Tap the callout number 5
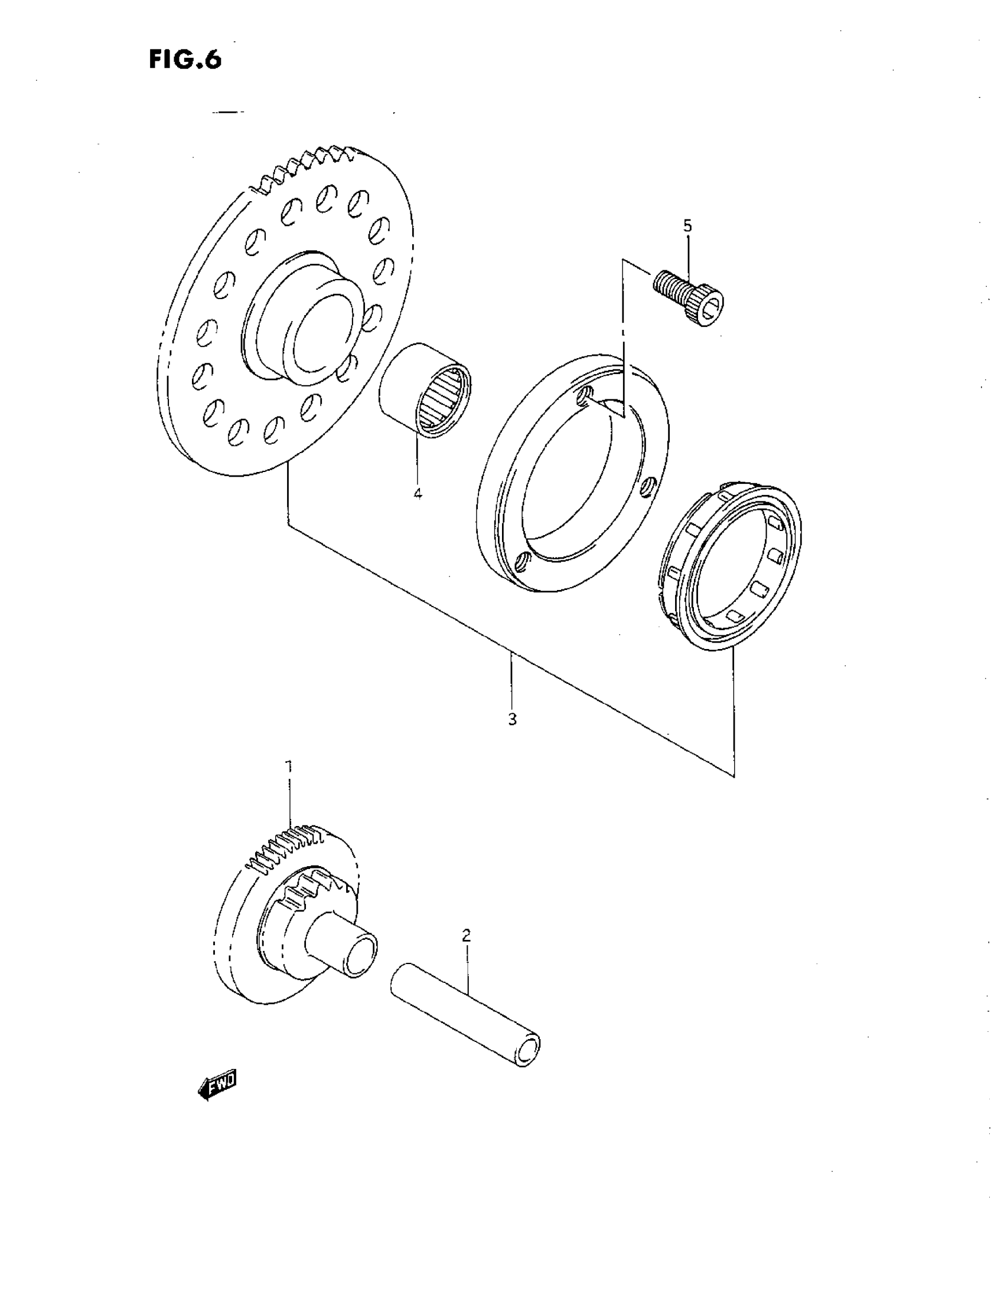(x=687, y=225)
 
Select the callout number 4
(x=418, y=493)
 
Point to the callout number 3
(x=512, y=719)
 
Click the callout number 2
(x=467, y=935)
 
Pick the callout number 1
(x=289, y=767)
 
